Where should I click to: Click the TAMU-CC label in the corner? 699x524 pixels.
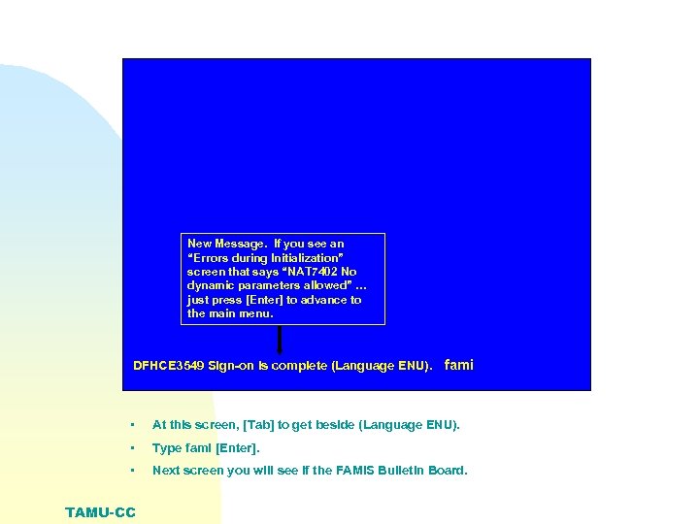coord(100,512)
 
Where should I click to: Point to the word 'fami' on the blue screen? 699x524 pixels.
coord(458,365)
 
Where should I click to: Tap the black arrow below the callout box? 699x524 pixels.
coord(280,340)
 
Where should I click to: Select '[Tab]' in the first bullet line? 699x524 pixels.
coord(244,425)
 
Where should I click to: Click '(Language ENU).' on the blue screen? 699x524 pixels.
coord(383,367)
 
